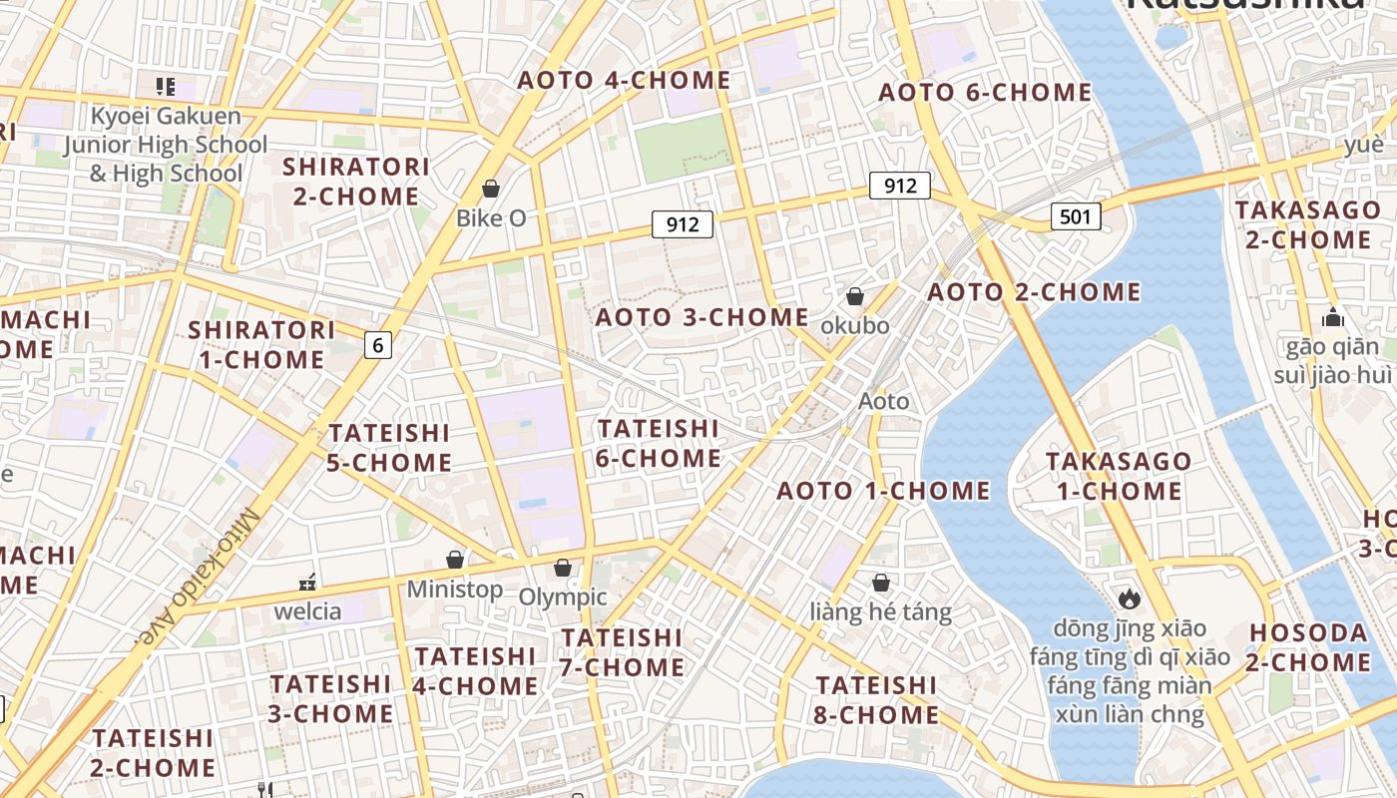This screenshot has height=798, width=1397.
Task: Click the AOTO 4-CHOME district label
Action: [x=624, y=81]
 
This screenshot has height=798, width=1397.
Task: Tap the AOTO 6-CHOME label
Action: [x=985, y=93]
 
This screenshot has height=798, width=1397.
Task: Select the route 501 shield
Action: [x=1075, y=216]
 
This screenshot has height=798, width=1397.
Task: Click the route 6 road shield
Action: [x=377, y=345]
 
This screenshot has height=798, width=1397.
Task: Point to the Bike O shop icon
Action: [x=490, y=189]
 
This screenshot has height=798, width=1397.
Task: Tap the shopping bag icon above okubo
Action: [x=855, y=296]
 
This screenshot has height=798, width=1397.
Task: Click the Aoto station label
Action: [x=884, y=401]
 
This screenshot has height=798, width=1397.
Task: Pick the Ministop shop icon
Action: [x=455, y=561]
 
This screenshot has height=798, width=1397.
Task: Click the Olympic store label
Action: [x=563, y=598]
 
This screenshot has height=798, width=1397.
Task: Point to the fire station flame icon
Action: [x=1129, y=598]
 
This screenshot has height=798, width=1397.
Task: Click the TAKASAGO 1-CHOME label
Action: [x=1119, y=476]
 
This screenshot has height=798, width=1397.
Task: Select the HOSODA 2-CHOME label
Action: [x=1310, y=647]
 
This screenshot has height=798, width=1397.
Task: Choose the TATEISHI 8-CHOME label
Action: [x=877, y=700]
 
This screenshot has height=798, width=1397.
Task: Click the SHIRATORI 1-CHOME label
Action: [x=261, y=344]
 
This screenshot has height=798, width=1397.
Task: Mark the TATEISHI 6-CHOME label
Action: [x=659, y=443]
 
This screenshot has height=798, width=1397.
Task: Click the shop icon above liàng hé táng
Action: [x=881, y=583]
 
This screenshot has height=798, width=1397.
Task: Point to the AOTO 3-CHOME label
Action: [x=702, y=317]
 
